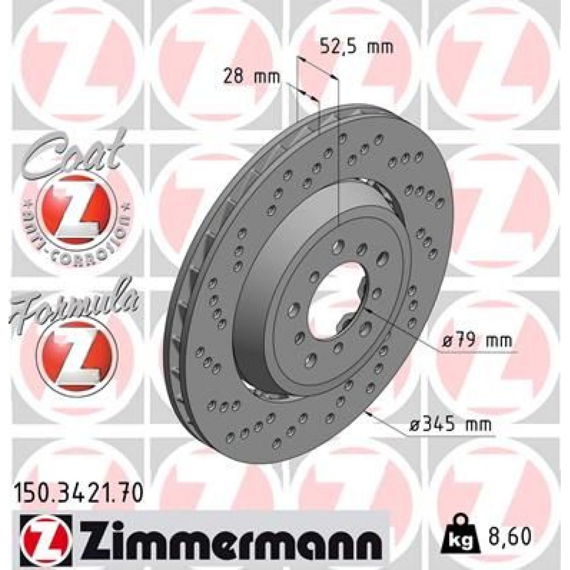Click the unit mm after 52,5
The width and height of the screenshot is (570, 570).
(x=381, y=47)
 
